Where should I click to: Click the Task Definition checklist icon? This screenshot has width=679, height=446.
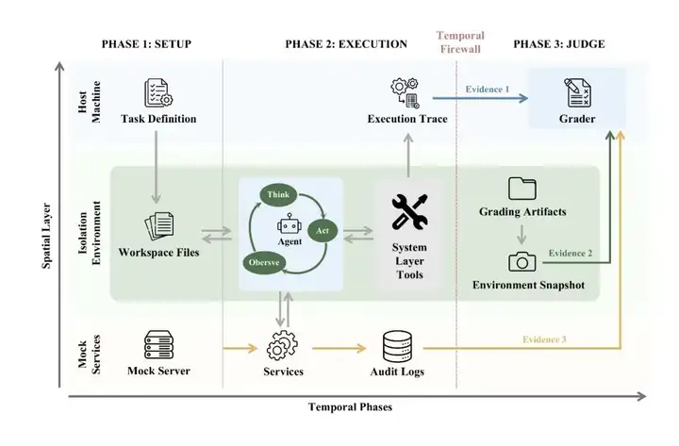158,92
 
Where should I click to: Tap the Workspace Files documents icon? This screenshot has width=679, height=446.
159,226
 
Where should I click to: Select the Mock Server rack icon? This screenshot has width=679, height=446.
159,345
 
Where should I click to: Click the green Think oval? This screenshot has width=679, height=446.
278,194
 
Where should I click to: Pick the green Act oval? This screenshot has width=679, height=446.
323,230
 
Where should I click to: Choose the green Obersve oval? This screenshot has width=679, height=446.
264,262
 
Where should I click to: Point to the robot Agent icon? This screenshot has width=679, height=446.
290,224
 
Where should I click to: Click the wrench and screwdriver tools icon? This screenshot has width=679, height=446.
409,212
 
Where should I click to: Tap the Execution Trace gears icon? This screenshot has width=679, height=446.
405,92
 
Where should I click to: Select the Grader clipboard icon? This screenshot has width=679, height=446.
577,92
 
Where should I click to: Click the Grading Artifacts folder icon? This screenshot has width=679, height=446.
522,189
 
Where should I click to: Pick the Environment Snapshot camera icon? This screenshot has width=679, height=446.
522,262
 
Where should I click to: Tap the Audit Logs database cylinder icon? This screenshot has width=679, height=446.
397,346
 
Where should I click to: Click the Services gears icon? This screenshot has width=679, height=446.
282,345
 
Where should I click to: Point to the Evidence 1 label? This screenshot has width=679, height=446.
488,90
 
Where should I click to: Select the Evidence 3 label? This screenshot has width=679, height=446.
544,339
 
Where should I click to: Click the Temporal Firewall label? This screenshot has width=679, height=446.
460,42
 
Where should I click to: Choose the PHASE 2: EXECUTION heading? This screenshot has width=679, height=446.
346,44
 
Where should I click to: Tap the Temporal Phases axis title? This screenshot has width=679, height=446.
350,407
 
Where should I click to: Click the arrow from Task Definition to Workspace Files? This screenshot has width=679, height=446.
156,167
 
